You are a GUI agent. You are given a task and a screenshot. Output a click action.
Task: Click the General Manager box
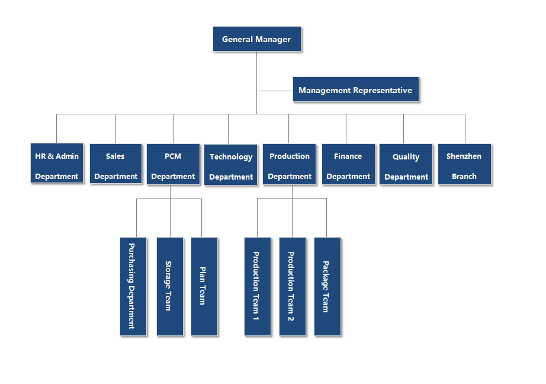[x=256, y=39]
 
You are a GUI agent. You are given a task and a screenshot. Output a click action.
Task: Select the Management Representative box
[x=356, y=90]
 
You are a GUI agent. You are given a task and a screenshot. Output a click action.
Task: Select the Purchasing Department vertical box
[x=133, y=286]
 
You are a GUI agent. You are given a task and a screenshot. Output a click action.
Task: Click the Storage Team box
[x=169, y=286]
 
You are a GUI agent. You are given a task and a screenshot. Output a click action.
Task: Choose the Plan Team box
[x=204, y=286]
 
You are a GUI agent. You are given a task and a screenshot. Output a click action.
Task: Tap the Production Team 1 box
[x=257, y=286]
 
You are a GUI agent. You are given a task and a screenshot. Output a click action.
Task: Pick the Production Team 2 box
[x=292, y=286]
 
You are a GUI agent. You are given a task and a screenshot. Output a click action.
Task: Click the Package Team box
[x=327, y=286]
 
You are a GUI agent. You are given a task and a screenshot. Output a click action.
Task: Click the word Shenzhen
[x=464, y=156]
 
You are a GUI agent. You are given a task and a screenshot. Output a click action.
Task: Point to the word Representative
[x=383, y=91]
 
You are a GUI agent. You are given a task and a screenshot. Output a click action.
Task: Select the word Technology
[x=231, y=157]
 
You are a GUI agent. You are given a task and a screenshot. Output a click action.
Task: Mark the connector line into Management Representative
[x=275, y=91]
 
